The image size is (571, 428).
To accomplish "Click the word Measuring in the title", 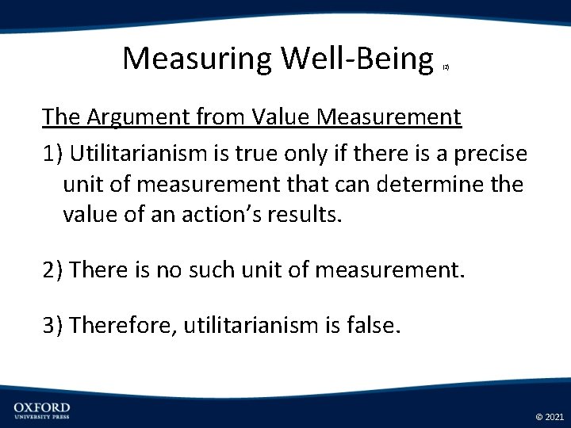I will tap(197, 58).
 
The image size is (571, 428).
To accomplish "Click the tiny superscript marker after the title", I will tap(446, 69).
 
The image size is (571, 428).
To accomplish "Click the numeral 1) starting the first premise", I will tap(52, 154).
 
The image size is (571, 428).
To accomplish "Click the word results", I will tap(304, 216).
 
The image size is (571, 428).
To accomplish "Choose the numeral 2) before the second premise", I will tap(53, 270).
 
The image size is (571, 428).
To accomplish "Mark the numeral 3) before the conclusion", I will tap(53, 325).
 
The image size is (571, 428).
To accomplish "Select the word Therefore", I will tap(122, 325).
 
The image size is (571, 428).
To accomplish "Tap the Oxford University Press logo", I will tap(42, 410).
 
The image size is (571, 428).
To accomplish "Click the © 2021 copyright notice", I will tap(550, 416).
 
